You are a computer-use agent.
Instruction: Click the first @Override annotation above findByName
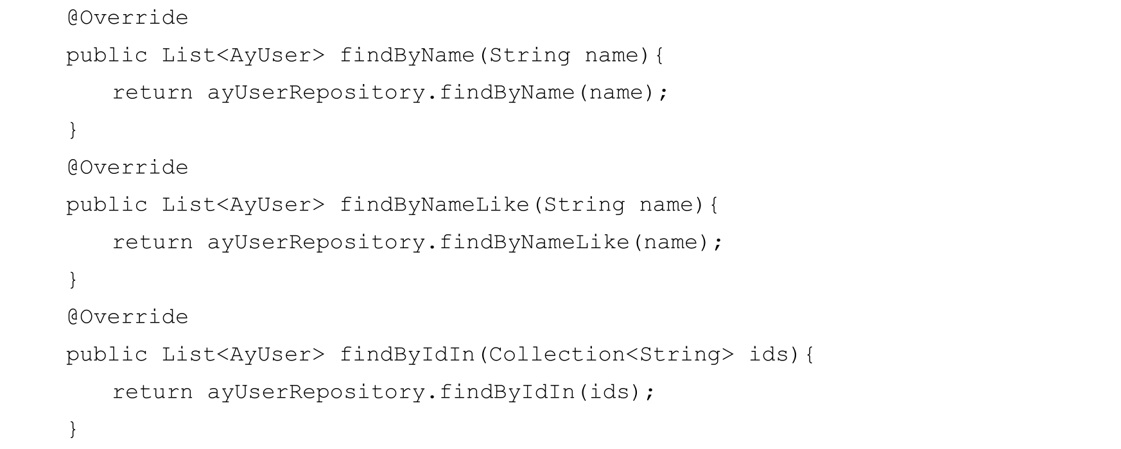128,18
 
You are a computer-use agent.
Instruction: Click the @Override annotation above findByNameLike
128,167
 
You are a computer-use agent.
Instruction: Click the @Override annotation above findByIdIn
128,317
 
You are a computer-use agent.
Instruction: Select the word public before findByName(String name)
107,56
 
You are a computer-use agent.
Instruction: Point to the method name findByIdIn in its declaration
407,355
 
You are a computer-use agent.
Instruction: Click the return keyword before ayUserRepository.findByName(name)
153,93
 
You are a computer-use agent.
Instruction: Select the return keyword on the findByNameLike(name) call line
153,242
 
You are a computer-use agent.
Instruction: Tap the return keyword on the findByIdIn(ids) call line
153,392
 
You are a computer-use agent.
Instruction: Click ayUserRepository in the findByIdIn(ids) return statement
315,392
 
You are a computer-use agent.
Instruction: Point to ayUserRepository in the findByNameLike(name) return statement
315,242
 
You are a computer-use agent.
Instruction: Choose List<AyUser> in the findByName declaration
243,56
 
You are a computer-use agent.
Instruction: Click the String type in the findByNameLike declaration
584,205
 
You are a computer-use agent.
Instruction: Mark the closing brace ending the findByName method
73,130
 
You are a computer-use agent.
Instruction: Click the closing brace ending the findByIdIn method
73,428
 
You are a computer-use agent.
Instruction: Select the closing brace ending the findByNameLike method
73,280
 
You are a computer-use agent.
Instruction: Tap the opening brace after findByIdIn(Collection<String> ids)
810,355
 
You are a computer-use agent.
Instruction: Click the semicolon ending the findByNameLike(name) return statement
718,243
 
